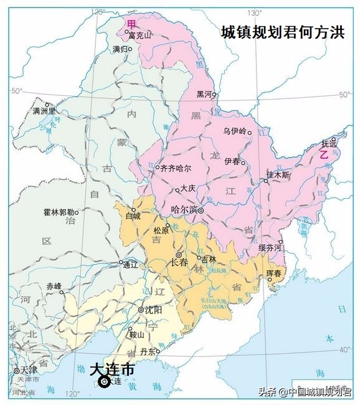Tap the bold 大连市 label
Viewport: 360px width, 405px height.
111,369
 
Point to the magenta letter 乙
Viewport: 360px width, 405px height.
323,155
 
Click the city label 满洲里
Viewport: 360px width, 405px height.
44,112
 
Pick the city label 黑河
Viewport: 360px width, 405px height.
204,94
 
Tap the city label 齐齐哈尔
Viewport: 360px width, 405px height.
176,168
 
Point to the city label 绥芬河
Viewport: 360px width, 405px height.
270,248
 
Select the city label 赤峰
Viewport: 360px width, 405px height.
54,286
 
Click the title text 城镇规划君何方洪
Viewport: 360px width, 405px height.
282,33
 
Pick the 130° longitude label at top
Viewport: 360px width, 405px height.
253,12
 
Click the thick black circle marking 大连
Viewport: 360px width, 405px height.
104,381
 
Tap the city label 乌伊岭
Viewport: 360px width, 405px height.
235,131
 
